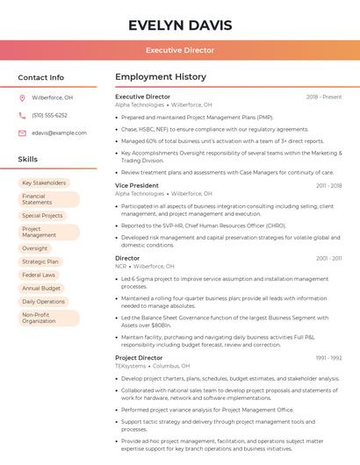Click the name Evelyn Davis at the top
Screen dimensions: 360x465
click(179, 25)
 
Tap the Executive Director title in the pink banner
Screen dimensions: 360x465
click(179, 51)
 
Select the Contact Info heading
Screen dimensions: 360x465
click(41, 77)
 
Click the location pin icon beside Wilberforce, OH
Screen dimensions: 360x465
click(22, 97)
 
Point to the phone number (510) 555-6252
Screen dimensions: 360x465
click(49, 115)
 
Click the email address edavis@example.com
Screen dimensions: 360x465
click(59, 132)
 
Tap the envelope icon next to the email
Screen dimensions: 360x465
click(22, 132)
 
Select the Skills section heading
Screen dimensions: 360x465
click(28, 160)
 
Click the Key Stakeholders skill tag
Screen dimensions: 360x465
click(44, 183)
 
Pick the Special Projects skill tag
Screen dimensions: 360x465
click(42, 215)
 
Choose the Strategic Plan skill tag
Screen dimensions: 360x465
click(40, 261)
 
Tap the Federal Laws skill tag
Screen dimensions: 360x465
click(39, 275)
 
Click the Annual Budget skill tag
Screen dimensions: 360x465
click(41, 288)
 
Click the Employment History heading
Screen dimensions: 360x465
click(161, 77)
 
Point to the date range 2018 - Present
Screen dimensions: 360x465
click(324, 97)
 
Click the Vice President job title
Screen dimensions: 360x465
click(137, 186)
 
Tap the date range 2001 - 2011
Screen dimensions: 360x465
click(329, 259)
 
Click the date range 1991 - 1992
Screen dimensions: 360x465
click(329, 358)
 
